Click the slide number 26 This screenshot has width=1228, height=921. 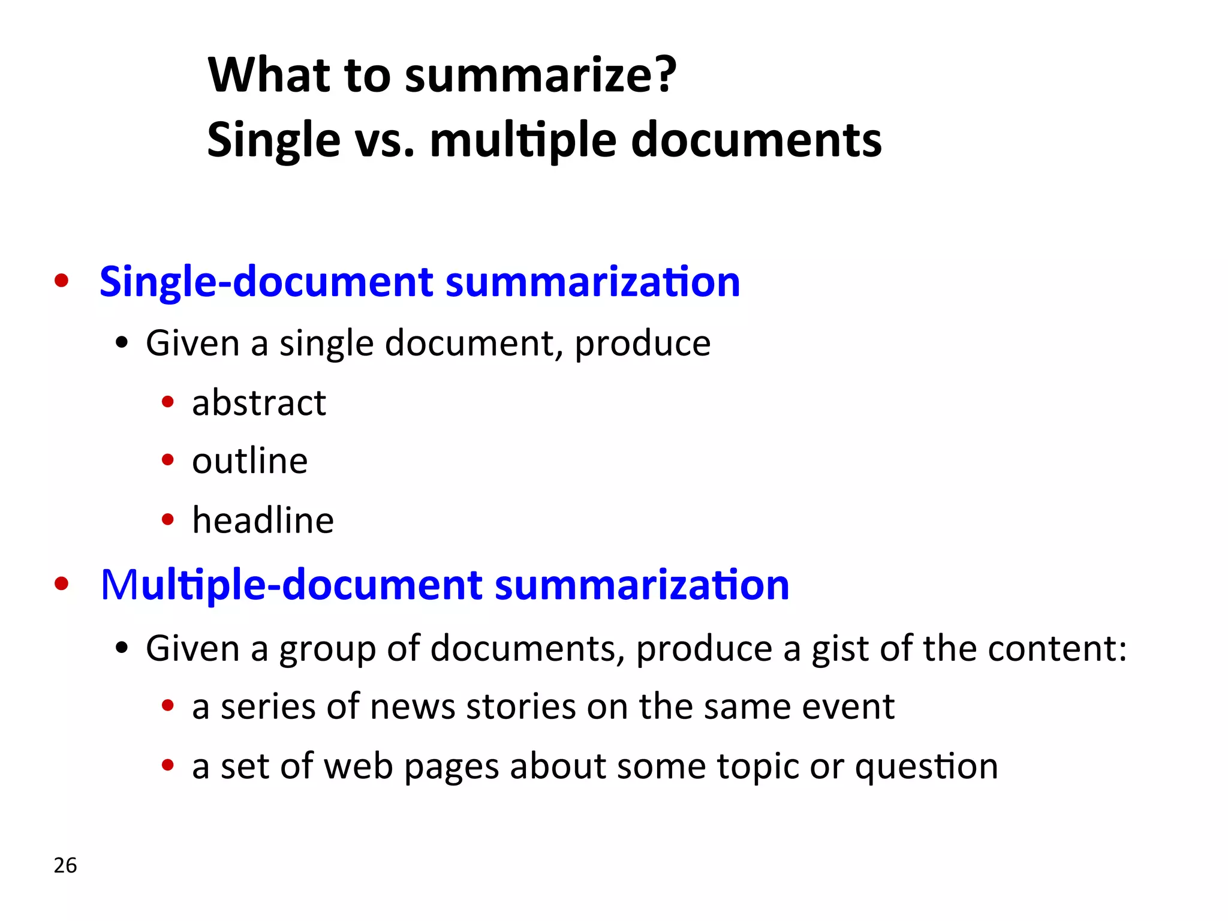[65, 865]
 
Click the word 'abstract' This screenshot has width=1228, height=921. [259, 402]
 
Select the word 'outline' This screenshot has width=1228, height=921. [249, 461]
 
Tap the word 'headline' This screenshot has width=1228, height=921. [263, 520]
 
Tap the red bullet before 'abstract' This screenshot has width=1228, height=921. [168, 402]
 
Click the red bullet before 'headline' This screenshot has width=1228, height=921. [168, 519]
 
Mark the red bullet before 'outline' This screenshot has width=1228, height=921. [168, 460]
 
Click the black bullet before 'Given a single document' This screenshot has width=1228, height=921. [122, 344]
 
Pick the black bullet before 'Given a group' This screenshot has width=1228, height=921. [122, 648]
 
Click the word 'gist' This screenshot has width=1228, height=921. [838, 649]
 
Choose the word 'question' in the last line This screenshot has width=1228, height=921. [926, 767]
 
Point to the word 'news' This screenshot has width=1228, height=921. [413, 707]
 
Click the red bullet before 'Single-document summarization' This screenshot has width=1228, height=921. [61, 281]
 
